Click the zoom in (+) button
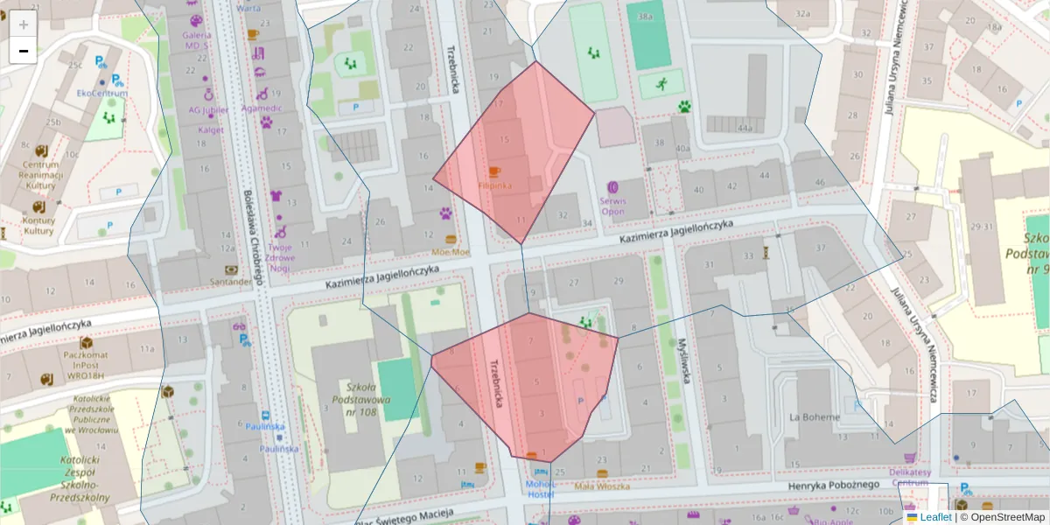[x=24, y=24]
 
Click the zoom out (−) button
[x=24, y=51]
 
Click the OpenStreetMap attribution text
[x=1002, y=517]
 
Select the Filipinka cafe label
[x=495, y=185]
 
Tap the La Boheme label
[x=814, y=416]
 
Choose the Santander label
[x=231, y=282]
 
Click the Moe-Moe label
[x=451, y=251]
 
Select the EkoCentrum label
[x=102, y=94]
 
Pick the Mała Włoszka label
[x=602, y=486]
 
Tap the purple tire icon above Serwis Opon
[x=612, y=186]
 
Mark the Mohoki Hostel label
[x=540, y=488]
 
